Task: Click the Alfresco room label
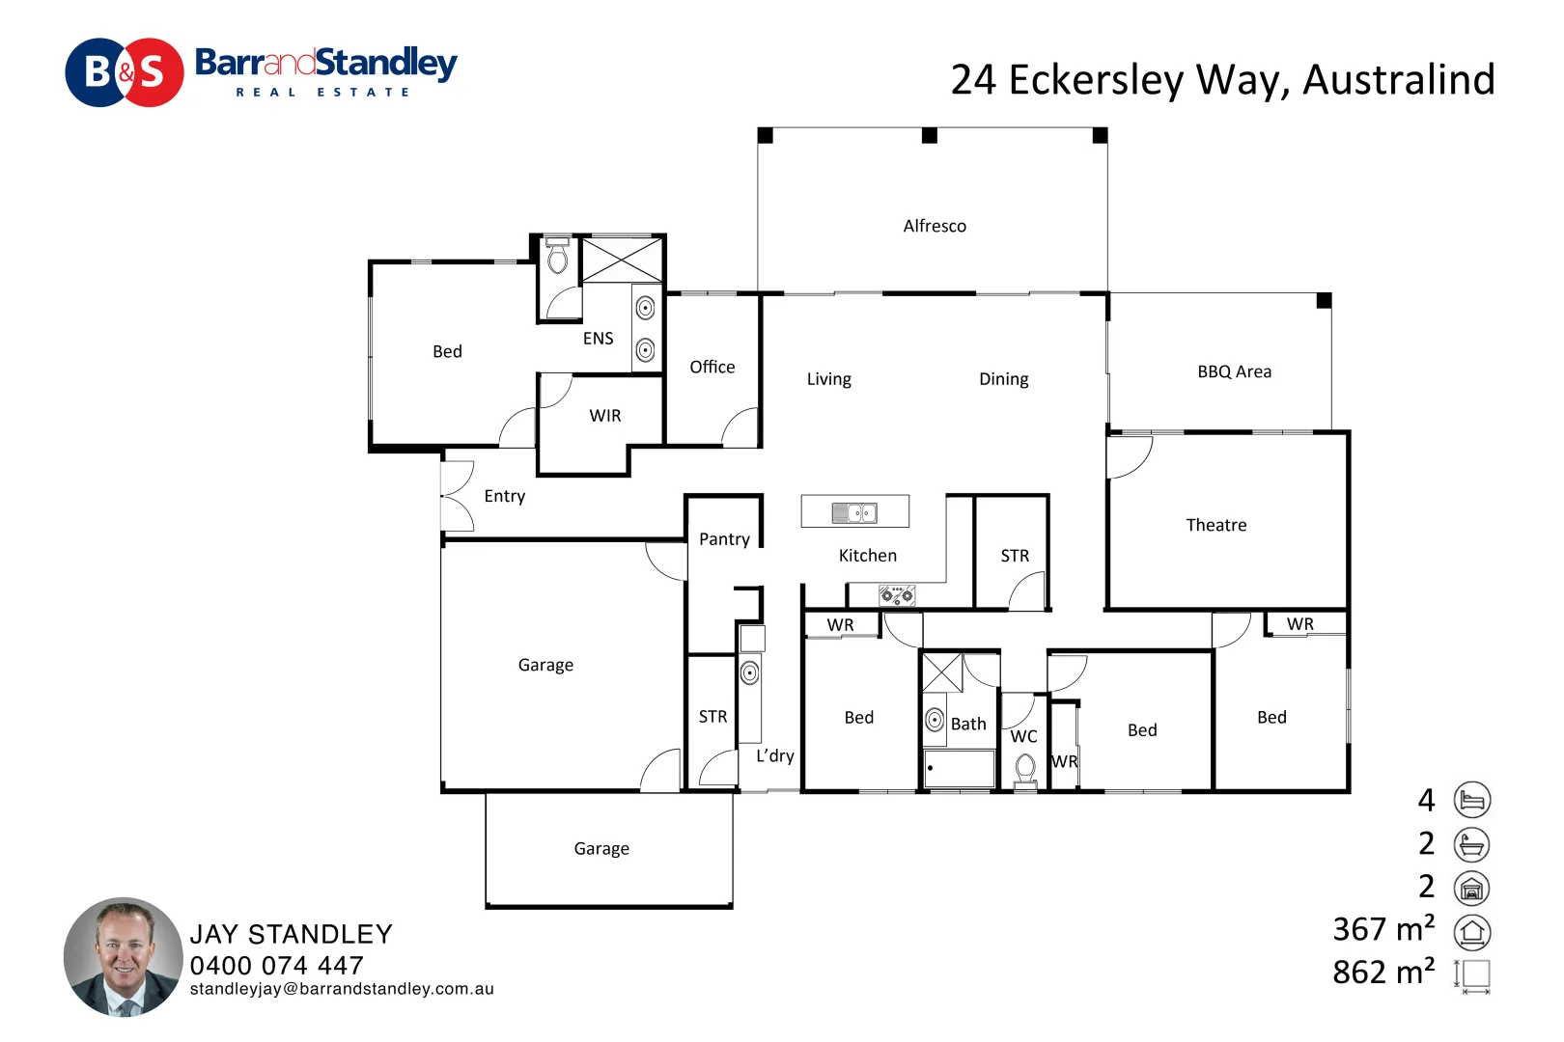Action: coord(934,226)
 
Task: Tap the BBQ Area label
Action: coord(1234,371)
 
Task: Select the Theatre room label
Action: coord(1215,525)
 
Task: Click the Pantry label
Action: coord(724,539)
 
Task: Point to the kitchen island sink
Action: coord(854,512)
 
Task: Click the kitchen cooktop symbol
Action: coord(897,595)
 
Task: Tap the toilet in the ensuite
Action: coord(557,257)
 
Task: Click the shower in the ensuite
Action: coord(621,260)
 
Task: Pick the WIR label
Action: coord(605,416)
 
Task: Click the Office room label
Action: coord(712,367)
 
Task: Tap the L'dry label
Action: coord(774,755)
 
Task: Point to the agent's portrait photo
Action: coord(124,957)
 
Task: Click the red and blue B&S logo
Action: coord(124,72)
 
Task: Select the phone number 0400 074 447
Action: coord(277,965)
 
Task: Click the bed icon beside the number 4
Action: coord(1471,800)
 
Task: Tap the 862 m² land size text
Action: coord(1383,972)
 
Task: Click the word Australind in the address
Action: coord(1398,80)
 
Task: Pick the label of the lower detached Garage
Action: coord(601,849)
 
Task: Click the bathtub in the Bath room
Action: coord(959,768)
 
